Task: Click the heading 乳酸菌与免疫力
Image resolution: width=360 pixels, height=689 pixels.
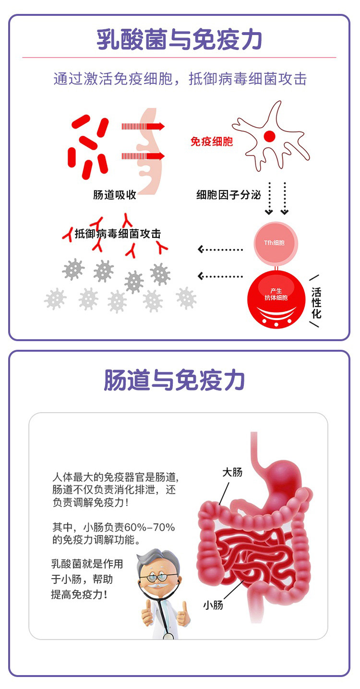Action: point(180,40)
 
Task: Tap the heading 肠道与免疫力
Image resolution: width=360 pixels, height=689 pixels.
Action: point(175,380)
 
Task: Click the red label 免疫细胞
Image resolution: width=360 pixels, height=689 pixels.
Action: point(211,142)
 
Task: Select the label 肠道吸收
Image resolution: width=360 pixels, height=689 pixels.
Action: point(115,195)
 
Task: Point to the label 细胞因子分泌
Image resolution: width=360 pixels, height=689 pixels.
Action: point(228,195)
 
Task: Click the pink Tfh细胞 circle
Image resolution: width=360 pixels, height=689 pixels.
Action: point(276,243)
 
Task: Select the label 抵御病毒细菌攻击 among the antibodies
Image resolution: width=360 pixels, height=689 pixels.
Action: point(118,234)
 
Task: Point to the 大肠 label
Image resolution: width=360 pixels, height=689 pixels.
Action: point(232,472)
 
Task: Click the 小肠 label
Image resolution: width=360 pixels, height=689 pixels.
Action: point(213,605)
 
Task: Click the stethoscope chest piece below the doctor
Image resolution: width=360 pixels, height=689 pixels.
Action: point(168,636)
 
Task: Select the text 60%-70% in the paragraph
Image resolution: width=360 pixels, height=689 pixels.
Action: point(153,528)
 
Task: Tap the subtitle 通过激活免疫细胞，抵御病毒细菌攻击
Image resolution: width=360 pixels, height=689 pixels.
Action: point(180,79)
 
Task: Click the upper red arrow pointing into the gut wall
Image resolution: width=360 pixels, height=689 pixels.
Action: point(143,127)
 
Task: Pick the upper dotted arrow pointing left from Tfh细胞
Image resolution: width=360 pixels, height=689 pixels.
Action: point(221,249)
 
